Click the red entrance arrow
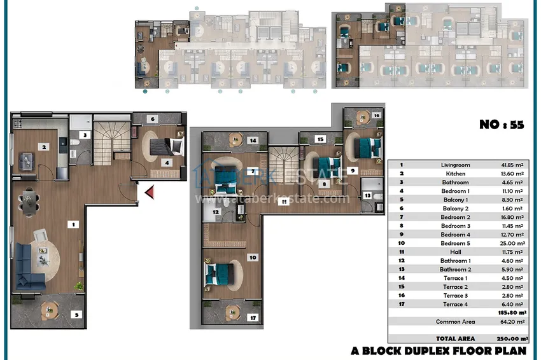[150, 192]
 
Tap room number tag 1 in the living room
[73, 225]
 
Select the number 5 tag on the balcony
[76, 314]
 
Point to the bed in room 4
[167, 146]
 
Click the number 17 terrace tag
[253, 317]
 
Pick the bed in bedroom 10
[220, 274]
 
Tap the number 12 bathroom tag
[216, 212]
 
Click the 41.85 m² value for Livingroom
[512, 165]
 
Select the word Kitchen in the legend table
[456, 174]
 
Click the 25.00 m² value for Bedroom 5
[512, 243]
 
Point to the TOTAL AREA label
[456, 338]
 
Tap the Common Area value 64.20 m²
[512, 321]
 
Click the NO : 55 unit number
[502, 125]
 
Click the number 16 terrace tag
[376, 115]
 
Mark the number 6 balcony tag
[153, 119]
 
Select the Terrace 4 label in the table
[456, 304]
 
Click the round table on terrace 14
[235, 139]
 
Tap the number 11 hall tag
[284, 202]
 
